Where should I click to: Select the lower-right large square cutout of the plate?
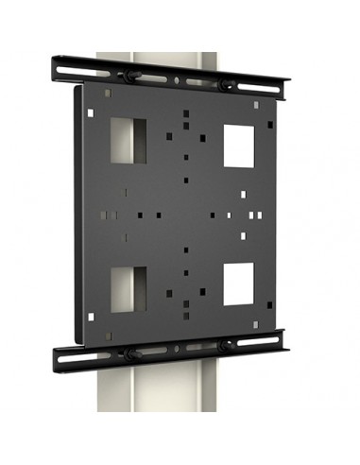click(x=238, y=284)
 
